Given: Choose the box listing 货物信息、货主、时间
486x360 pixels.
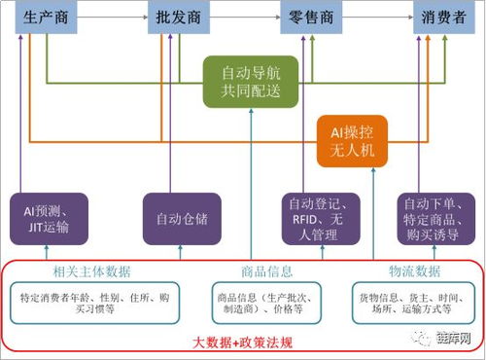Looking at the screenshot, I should [408, 302].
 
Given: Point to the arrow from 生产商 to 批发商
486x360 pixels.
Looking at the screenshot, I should [111, 17].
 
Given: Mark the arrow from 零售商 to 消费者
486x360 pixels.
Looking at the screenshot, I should [380, 17].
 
